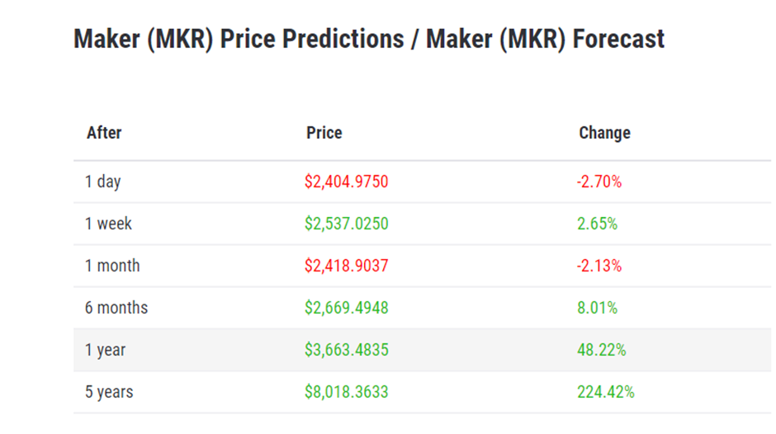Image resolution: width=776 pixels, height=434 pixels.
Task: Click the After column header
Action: [x=104, y=133]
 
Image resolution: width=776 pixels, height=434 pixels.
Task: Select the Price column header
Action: [x=324, y=133]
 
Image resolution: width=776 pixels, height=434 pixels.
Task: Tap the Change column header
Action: [x=604, y=133]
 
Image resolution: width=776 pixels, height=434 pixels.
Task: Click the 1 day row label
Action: [x=103, y=182]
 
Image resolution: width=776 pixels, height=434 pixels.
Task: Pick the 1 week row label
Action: [x=108, y=224]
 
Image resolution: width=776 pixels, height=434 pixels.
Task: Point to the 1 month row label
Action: [x=112, y=266]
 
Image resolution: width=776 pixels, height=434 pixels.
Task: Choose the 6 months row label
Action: [x=116, y=308]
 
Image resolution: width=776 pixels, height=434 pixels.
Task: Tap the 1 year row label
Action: [x=106, y=350]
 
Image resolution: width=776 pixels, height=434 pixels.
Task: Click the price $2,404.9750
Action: [x=346, y=182]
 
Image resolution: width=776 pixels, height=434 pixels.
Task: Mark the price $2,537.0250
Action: [x=346, y=224]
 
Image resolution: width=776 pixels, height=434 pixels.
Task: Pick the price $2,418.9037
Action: [x=346, y=266]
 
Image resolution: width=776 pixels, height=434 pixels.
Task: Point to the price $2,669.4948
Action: [x=346, y=308]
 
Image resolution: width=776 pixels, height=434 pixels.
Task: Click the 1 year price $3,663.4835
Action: [x=346, y=350]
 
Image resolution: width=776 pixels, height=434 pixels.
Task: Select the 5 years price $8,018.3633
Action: [x=346, y=392]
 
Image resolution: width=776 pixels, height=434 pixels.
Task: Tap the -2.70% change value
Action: [x=599, y=182]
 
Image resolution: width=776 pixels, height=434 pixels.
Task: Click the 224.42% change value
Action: [x=606, y=392]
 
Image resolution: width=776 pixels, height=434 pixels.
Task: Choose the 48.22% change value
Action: [x=602, y=350]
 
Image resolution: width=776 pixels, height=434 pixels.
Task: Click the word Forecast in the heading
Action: [x=614, y=39]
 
